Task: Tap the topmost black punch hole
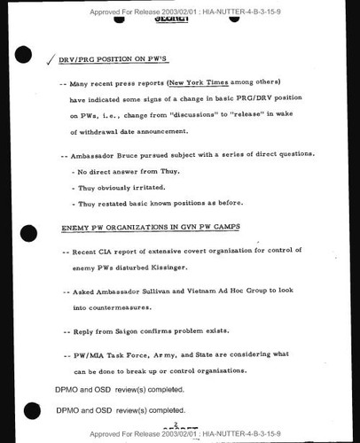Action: coord(24,55)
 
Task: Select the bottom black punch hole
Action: coord(32,410)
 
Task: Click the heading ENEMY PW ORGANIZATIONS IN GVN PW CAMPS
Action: coord(151,228)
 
